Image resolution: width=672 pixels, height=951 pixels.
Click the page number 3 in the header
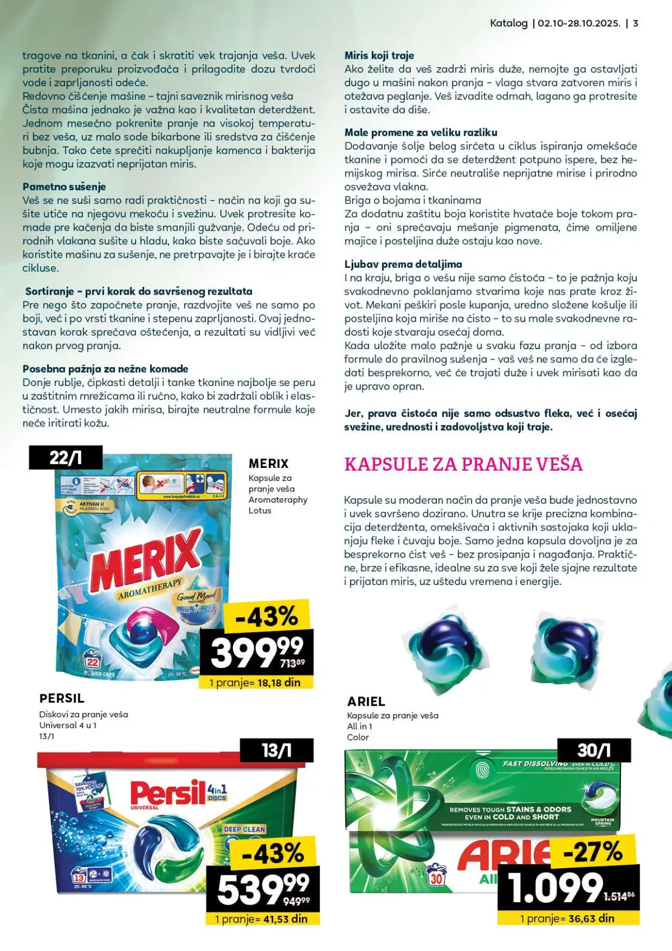(x=636, y=24)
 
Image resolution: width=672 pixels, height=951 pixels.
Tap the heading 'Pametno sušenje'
(x=64, y=187)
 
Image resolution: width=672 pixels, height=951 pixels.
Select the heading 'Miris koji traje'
(x=379, y=55)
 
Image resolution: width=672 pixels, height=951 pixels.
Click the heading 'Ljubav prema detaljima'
(x=403, y=264)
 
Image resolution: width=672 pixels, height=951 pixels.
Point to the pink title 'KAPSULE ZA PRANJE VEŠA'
(x=463, y=464)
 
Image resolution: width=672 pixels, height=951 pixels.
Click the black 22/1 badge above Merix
(x=66, y=457)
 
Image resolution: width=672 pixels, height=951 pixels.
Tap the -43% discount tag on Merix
(x=267, y=616)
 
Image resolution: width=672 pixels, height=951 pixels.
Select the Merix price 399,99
(x=255, y=651)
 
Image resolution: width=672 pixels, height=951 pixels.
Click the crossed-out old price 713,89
(x=292, y=663)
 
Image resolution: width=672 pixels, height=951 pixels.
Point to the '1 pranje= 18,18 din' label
(x=255, y=683)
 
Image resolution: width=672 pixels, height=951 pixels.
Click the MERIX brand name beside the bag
(x=268, y=463)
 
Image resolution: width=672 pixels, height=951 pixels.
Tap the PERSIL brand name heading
(x=62, y=698)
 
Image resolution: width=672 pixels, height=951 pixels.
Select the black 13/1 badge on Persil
(x=277, y=750)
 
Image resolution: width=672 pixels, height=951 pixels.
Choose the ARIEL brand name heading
(x=366, y=701)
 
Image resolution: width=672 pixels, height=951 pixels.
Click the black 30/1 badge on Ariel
(x=594, y=750)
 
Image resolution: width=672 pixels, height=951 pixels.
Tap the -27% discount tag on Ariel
(x=592, y=852)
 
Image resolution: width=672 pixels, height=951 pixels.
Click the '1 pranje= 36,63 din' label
(x=567, y=918)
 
